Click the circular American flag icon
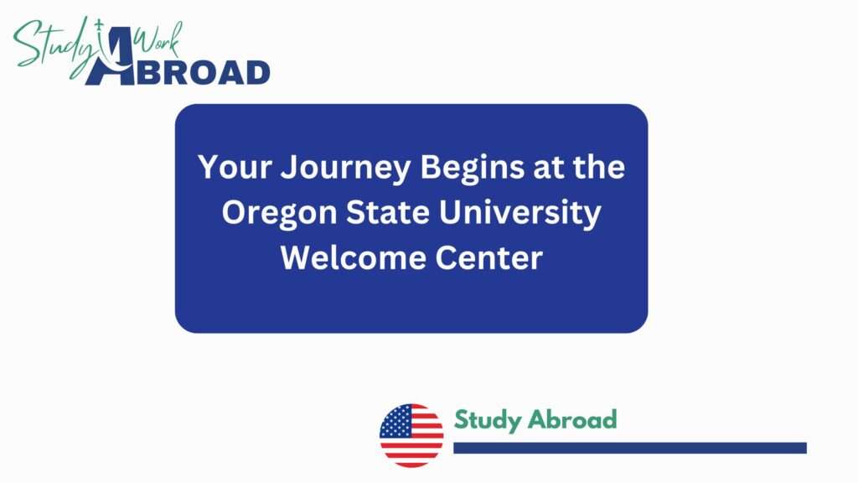pyautogui.click(x=411, y=435)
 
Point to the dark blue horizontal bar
pyautogui.click(x=629, y=448)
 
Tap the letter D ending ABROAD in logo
pyautogui.click(x=255, y=72)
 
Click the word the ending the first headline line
pyautogui.click(x=600, y=168)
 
